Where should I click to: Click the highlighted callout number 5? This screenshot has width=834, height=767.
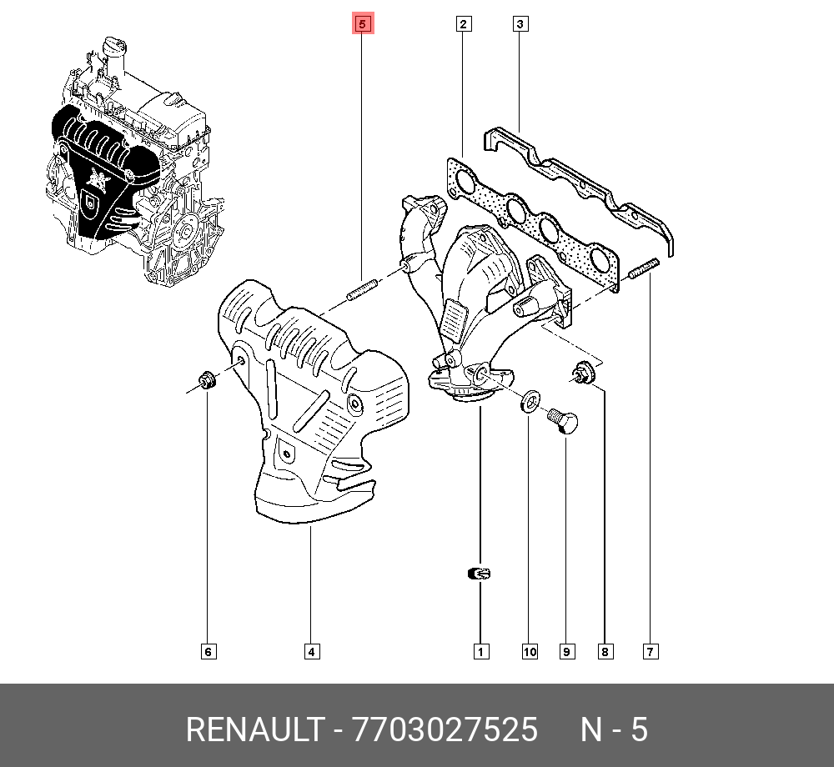[362, 24]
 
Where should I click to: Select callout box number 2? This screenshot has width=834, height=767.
[464, 24]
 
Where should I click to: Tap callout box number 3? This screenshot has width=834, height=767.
[519, 24]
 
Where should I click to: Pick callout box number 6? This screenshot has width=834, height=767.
[208, 651]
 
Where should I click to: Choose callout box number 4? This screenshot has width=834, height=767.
[310, 651]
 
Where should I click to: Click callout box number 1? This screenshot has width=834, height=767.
[480, 651]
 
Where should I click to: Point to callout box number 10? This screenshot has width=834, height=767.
[530, 651]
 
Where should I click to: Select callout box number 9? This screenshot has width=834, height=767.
[567, 651]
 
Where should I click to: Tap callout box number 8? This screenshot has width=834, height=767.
[605, 651]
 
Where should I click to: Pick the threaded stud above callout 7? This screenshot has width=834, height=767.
[645, 271]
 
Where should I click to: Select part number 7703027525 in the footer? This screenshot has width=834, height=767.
[445, 730]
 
